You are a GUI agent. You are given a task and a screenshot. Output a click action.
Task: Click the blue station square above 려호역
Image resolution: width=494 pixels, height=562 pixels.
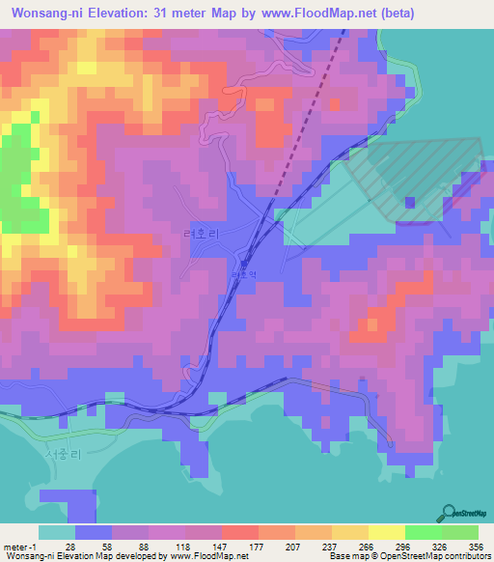click(x=244, y=261)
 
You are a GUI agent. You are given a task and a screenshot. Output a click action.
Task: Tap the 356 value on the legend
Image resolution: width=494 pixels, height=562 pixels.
click(x=475, y=547)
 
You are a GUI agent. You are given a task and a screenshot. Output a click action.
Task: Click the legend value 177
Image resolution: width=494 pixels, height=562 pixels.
click(x=257, y=547)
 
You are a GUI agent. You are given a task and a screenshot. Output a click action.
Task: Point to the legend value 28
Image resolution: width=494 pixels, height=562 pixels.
click(x=70, y=547)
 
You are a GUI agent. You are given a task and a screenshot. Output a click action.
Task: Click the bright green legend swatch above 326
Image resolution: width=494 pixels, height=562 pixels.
click(x=423, y=532)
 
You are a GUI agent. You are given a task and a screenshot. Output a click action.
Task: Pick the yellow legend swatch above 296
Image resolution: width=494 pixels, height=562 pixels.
click(x=387, y=532)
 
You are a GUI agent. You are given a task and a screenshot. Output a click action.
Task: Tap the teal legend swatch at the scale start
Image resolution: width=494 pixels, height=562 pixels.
click(x=57, y=532)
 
